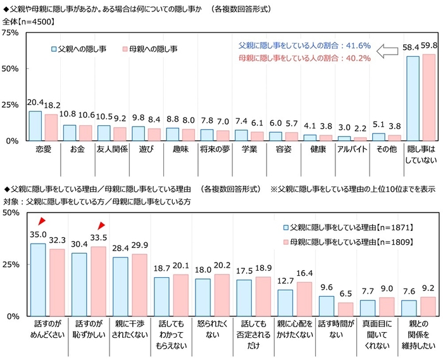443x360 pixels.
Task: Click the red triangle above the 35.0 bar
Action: pos(42,221)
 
